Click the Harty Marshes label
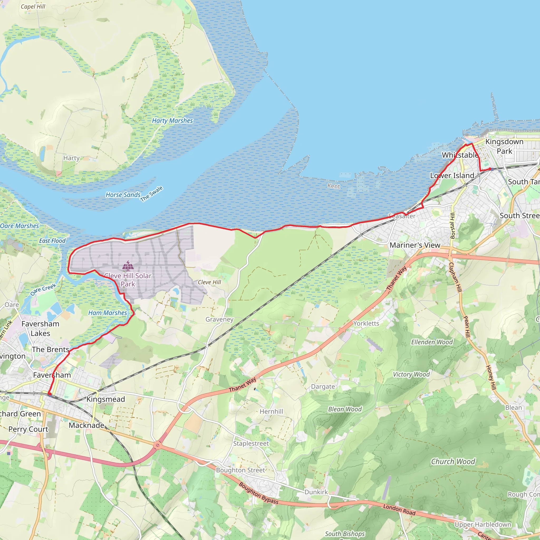point(172,121)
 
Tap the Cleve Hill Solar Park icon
point(128,266)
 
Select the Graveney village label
point(219,319)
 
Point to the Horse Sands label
point(123,195)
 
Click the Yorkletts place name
point(366,323)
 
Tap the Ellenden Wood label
point(432,342)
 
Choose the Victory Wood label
point(411,374)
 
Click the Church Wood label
point(453,461)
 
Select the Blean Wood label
point(345,409)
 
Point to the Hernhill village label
point(271,411)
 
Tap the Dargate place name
point(323,387)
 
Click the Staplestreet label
point(251,443)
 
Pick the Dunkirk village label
point(316,492)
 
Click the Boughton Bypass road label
point(259,493)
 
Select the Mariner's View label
point(415,245)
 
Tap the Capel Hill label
point(33,6)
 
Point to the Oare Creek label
point(43,290)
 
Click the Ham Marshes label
point(108,313)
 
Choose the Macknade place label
point(86,425)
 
